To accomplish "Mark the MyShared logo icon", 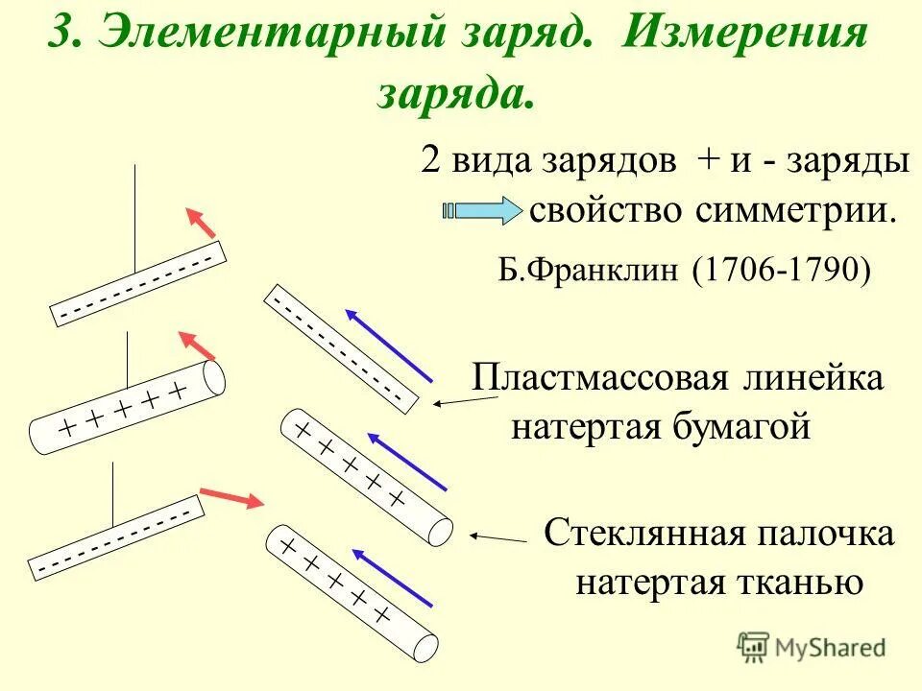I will [753, 646].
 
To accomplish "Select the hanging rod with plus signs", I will [127, 407].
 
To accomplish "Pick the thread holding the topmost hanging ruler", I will [135, 218].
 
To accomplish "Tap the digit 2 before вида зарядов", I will [431, 159].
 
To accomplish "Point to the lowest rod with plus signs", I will [352, 592].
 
